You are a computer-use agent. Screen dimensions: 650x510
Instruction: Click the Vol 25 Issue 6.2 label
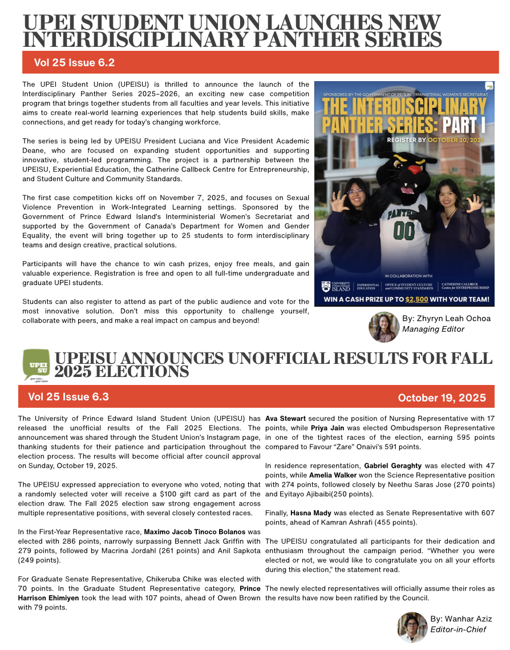click(x=74, y=62)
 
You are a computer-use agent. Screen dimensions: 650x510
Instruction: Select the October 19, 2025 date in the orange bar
click(x=442, y=398)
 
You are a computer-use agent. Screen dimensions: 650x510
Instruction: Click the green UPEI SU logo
click(x=35, y=366)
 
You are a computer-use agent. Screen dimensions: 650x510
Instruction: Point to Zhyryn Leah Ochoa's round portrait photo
click(x=384, y=327)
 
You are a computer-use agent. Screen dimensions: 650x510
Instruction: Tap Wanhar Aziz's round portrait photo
click(x=412, y=627)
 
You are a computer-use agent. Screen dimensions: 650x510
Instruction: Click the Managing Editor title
click(x=433, y=329)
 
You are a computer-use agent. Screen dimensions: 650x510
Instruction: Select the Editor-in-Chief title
click(x=459, y=629)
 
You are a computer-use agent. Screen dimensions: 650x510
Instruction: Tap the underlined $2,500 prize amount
click(x=416, y=299)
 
